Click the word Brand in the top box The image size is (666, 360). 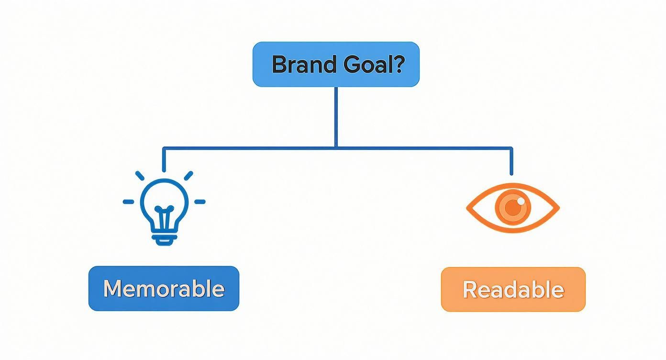tap(304, 64)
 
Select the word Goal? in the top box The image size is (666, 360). tap(374, 64)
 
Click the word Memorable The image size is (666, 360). tap(164, 289)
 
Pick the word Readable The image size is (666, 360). tap(513, 290)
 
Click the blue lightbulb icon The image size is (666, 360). tap(164, 208)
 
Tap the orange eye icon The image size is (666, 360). tap(513, 208)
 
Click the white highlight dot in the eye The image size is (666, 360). tap(521, 202)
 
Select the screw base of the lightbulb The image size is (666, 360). tap(164, 239)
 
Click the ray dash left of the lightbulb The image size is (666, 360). tap(128, 202)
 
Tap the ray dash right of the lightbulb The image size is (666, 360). tap(200, 202)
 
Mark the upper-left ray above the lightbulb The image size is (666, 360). tap(140, 176)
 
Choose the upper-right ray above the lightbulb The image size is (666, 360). tap(189, 176)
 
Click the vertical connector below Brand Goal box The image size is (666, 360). tap(336, 117)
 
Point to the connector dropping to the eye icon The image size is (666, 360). tap(511, 161)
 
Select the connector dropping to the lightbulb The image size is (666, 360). tap(164, 159)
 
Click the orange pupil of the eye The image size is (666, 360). tap(513, 207)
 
